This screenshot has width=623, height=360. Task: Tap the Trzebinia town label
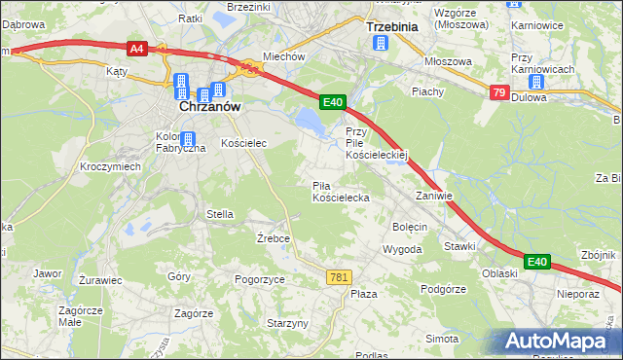pos(390,26)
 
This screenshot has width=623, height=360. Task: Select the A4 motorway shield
pos(136,47)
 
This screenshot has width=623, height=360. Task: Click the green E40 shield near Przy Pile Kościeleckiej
pos(333,101)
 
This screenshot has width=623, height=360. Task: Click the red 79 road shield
pos(498,92)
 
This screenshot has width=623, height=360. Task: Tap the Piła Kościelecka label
pos(340,191)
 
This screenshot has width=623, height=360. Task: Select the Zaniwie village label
pos(434,195)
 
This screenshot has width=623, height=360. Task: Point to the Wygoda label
pos(402,249)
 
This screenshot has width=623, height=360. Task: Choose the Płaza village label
pos(364,293)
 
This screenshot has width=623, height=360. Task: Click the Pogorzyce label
pos(260,278)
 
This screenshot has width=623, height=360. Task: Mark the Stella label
pos(220,213)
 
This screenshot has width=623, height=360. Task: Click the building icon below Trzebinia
pos(381,43)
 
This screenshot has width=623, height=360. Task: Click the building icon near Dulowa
pos(534,82)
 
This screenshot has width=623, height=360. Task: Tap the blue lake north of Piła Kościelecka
pos(309,120)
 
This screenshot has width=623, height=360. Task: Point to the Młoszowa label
pos(448,60)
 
